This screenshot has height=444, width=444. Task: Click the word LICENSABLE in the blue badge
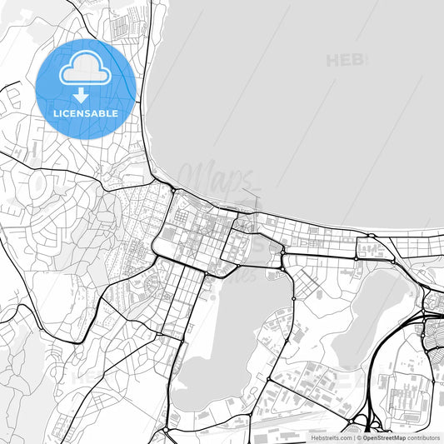tap(86, 112)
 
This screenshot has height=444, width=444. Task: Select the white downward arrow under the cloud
tap(81, 95)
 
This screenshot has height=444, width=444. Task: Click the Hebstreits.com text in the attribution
tap(331, 437)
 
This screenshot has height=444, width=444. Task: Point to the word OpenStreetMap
tap(384, 437)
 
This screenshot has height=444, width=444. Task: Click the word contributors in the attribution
tap(424, 437)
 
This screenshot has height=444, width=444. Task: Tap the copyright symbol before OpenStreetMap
tap(359, 437)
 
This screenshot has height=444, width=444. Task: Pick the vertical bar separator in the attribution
tap(353, 437)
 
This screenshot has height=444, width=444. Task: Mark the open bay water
tap(300, 100)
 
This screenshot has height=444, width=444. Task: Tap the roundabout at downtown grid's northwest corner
tap(173, 192)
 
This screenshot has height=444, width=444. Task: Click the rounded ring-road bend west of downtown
tap(156, 246)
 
